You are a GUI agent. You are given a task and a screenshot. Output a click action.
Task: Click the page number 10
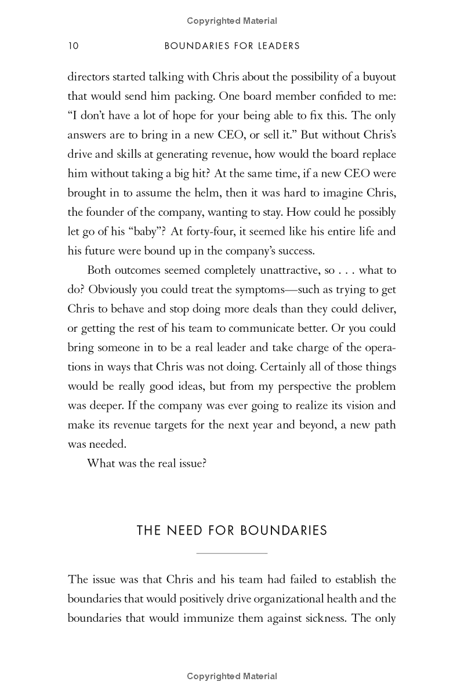click(x=73, y=46)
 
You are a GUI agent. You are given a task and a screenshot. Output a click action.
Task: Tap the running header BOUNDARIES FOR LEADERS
click(x=232, y=46)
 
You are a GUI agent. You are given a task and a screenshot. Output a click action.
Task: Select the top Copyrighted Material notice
click(x=232, y=21)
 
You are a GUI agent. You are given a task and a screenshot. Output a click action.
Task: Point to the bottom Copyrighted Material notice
click(x=232, y=676)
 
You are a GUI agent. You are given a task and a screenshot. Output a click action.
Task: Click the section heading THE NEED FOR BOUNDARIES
click(x=232, y=531)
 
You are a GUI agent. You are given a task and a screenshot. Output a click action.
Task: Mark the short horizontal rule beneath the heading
click(x=232, y=553)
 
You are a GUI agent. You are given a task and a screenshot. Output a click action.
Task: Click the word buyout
click(x=376, y=77)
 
